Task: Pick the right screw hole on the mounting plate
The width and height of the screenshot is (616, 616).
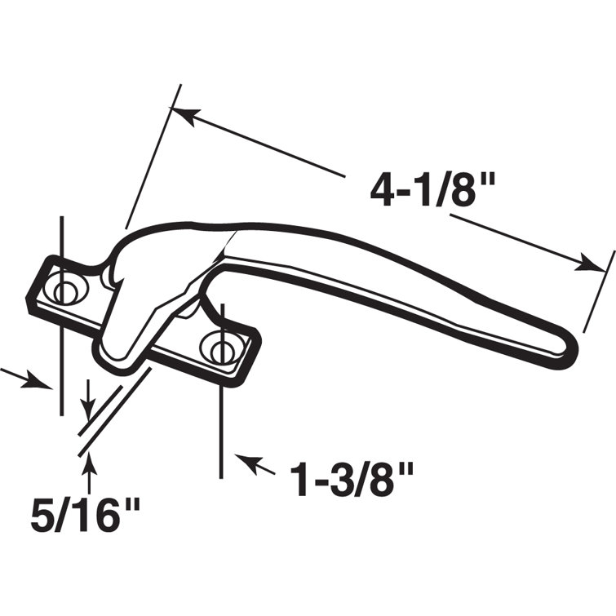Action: pyautogui.click(x=222, y=350)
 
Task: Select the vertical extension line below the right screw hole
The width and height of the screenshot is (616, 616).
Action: pyautogui.click(x=222, y=424)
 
